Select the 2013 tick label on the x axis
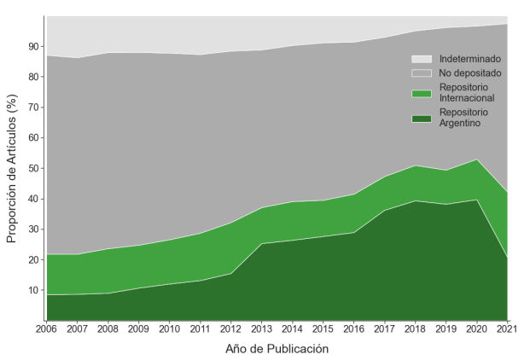[x=260, y=329]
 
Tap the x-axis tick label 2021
[x=507, y=329]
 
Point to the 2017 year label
[x=384, y=329]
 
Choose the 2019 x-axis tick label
[x=446, y=329]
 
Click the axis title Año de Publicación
[x=277, y=348]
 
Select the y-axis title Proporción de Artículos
[x=12, y=169]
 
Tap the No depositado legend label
[x=470, y=73]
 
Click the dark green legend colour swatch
[x=422, y=118]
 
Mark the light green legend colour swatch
[x=422, y=93]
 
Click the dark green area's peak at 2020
[x=476, y=200]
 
